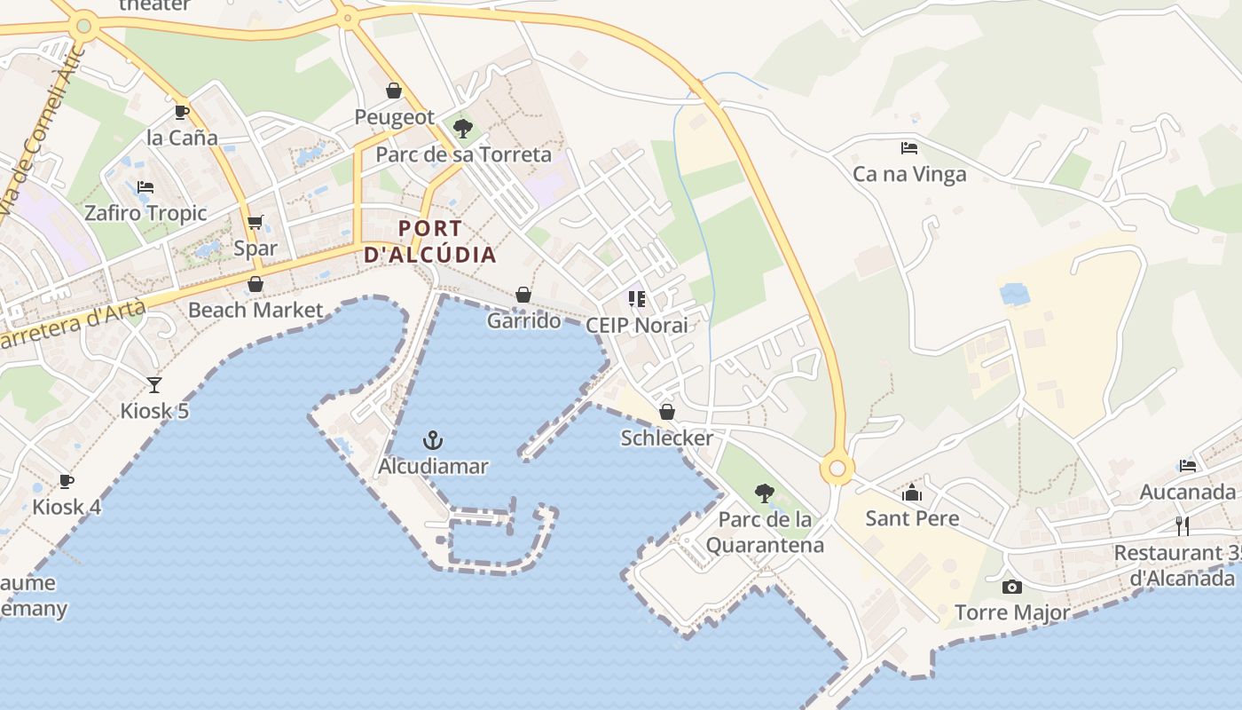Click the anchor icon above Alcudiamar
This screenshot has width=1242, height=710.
coord(433,440)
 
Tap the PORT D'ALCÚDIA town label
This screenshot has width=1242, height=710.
coord(430,241)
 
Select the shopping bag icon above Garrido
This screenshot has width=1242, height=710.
coord(523,295)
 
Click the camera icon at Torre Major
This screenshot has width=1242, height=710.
coord(1011,587)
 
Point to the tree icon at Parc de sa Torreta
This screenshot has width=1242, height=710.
coord(462,129)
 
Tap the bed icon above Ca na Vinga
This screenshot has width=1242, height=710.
coord(908,148)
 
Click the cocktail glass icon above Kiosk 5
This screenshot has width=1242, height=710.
coord(154,385)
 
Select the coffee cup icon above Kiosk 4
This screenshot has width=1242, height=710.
coord(66,481)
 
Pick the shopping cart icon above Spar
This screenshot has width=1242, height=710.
coord(255,223)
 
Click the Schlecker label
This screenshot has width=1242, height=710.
coord(667,438)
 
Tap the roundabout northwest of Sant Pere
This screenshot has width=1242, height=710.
coord(837,468)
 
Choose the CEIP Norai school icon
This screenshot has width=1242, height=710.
coord(636,299)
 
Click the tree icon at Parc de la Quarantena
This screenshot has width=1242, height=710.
coord(764,493)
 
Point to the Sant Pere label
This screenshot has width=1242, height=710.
coord(912,518)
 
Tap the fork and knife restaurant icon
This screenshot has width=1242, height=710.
coord(1182,526)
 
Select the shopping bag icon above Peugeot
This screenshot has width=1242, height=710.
coord(394,91)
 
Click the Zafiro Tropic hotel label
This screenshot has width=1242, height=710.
coord(145,213)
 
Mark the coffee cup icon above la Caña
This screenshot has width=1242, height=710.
coord(182,112)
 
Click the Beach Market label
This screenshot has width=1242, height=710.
coord(255,310)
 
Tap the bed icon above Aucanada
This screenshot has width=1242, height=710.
coord(1188,466)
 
